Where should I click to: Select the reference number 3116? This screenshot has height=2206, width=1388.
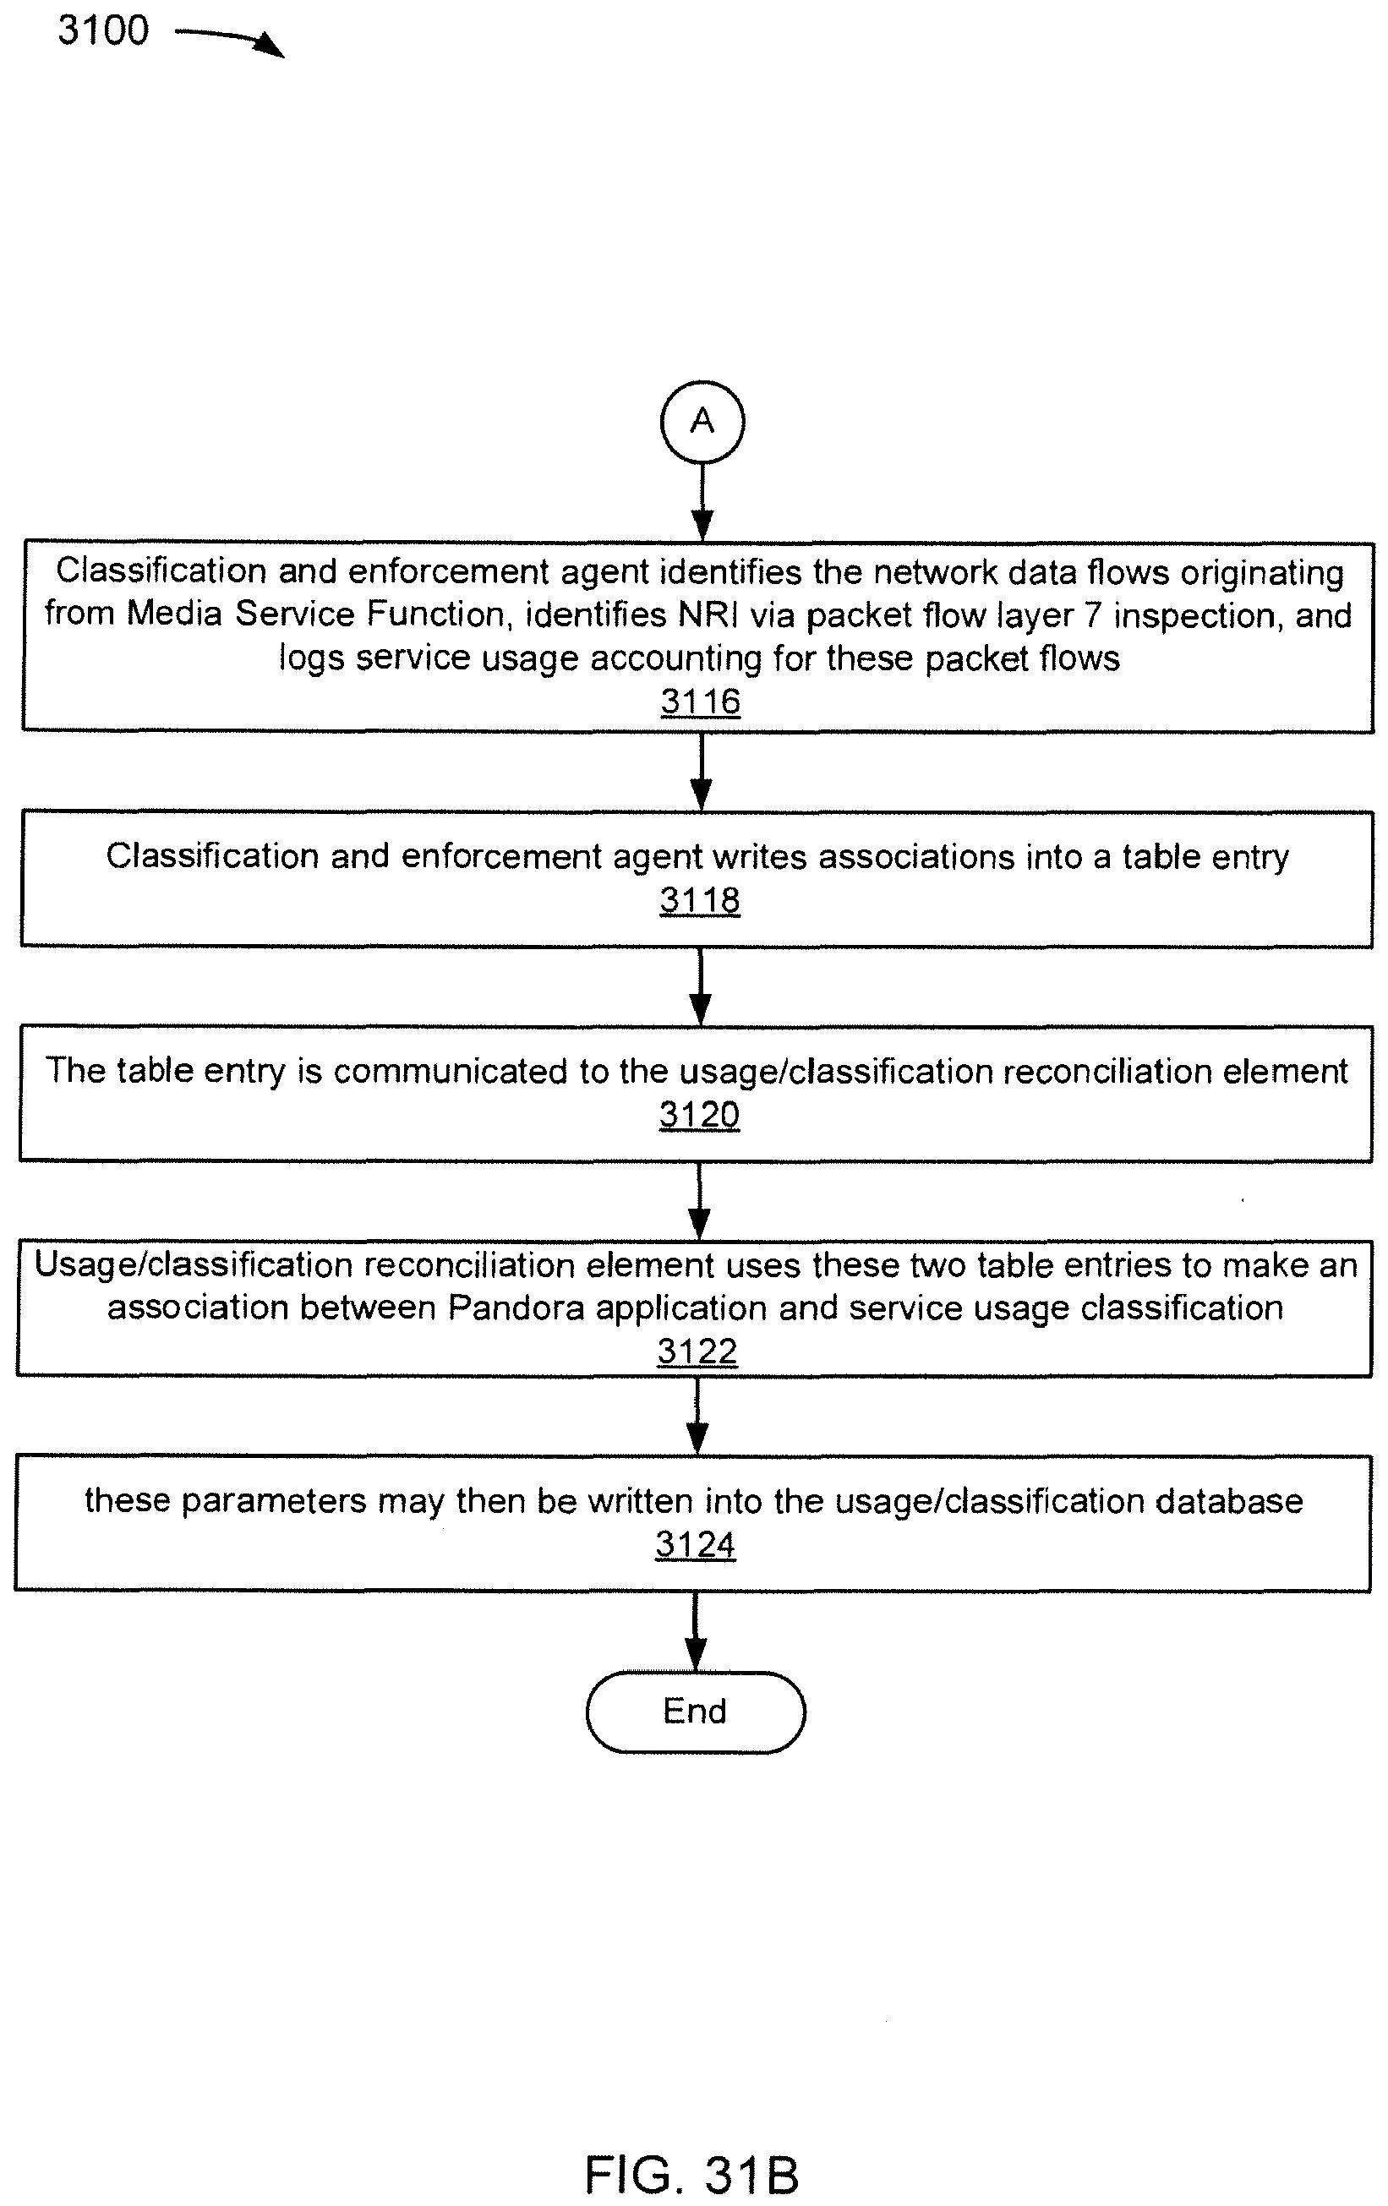click(700, 702)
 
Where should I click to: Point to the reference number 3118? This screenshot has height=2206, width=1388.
click(699, 900)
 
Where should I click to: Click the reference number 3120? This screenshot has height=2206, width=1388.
click(699, 1115)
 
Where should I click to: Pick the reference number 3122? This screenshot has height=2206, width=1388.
click(697, 1351)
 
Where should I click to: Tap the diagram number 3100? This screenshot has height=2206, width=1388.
click(103, 30)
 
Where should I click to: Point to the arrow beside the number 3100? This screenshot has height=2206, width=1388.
click(229, 41)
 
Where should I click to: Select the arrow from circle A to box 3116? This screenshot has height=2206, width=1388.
click(702, 502)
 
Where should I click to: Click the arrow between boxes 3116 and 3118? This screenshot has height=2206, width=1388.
click(701, 772)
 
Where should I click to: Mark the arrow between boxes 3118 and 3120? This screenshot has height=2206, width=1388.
click(700, 986)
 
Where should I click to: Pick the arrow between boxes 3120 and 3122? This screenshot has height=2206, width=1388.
click(699, 1201)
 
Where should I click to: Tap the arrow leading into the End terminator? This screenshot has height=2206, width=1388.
click(696, 1630)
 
